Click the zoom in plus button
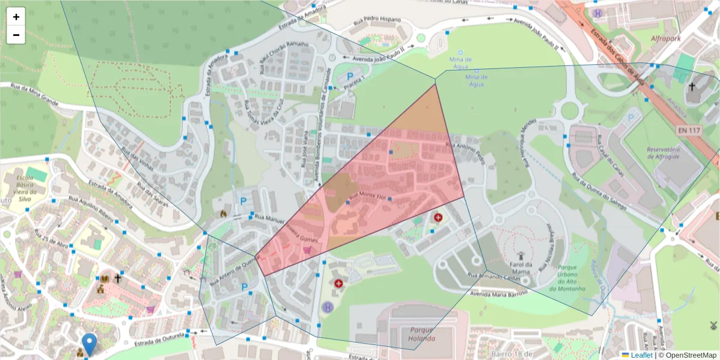[16, 17]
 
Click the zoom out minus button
[16, 35]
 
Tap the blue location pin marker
[89, 344]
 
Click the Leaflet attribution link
[641, 355]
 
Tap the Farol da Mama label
[521, 268]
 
